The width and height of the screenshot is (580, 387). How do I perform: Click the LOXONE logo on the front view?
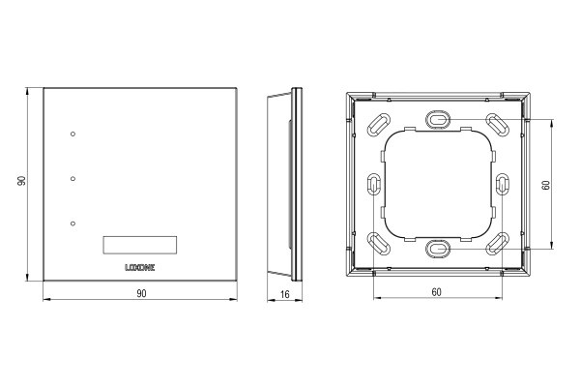140,264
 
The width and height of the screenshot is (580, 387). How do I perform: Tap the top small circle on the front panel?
72,134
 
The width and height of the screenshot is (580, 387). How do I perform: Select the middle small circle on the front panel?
72,178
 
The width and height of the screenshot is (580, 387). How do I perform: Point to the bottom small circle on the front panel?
72,223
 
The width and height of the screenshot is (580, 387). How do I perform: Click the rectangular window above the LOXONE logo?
140,244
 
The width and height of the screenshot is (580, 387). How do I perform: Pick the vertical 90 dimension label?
21,183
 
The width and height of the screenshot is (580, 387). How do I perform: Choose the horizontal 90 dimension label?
140,292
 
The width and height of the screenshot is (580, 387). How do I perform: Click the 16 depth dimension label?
284,292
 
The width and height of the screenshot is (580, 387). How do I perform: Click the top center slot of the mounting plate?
438,118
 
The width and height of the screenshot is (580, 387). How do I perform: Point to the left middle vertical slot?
374,183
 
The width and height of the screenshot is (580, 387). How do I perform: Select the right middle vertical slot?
502,183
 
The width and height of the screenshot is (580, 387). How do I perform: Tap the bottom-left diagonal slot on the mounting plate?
377,243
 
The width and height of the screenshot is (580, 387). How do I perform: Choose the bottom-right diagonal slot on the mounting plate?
498,243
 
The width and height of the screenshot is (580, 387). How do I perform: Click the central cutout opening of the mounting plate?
438,183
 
